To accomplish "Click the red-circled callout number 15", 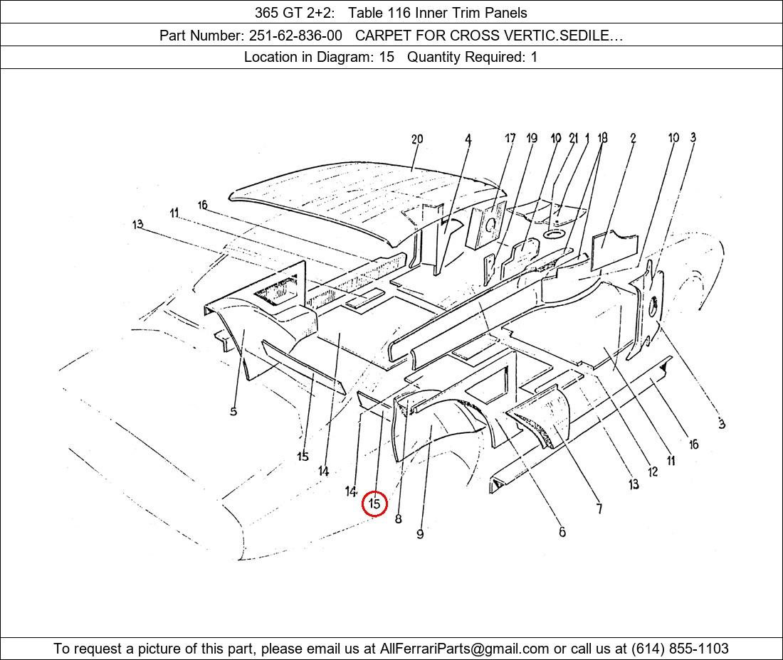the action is pyautogui.click(x=374, y=504).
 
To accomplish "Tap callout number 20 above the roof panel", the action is pyautogui.click(x=417, y=139).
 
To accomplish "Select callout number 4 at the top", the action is pyautogui.click(x=468, y=139).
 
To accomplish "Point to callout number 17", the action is pyautogui.click(x=510, y=138).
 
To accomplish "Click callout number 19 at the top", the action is pyautogui.click(x=531, y=138).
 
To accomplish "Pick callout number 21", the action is pyautogui.click(x=574, y=138).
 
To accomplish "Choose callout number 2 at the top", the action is pyautogui.click(x=633, y=138).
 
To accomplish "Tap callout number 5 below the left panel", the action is pyautogui.click(x=233, y=412).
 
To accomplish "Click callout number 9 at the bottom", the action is pyautogui.click(x=420, y=534).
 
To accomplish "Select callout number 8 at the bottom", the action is pyautogui.click(x=398, y=518).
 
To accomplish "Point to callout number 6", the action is pyautogui.click(x=562, y=532).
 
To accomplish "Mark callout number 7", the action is pyautogui.click(x=599, y=509).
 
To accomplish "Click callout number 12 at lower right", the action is pyautogui.click(x=653, y=472).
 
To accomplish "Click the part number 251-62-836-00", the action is pyautogui.click(x=295, y=36).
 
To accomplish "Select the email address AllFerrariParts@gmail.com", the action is pyautogui.click(x=464, y=649).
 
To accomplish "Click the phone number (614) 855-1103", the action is pyautogui.click(x=680, y=649).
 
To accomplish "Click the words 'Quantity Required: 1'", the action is pyautogui.click(x=473, y=57).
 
